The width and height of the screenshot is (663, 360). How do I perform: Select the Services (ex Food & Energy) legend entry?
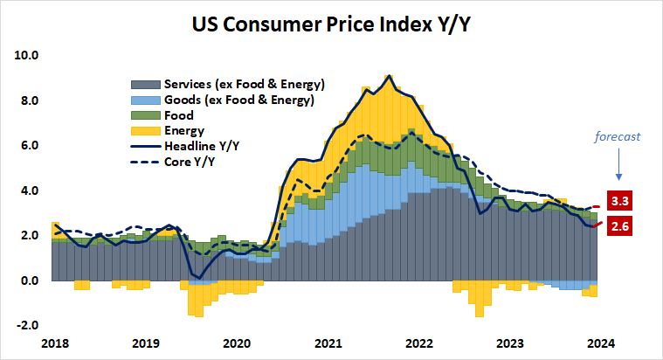pyautogui.click(x=244, y=85)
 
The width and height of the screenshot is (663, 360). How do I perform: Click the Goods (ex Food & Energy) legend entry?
pyautogui.click(x=238, y=100)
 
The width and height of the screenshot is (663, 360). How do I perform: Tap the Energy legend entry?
pyautogui.click(x=183, y=130)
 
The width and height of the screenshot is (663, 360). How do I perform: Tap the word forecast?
pyautogui.click(x=618, y=136)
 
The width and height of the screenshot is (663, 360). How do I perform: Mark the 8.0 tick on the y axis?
pyautogui.click(x=29, y=100)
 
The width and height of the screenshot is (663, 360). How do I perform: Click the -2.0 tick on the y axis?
pyautogui.click(x=27, y=325)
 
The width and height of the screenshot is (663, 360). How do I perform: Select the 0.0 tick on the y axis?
pyautogui.click(x=29, y=280)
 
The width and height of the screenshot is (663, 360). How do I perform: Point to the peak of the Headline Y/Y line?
pyautogui.click(x=389, y=76)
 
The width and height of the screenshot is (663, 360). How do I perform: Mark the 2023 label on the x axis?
pyautogui.click(x=510, y=343)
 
